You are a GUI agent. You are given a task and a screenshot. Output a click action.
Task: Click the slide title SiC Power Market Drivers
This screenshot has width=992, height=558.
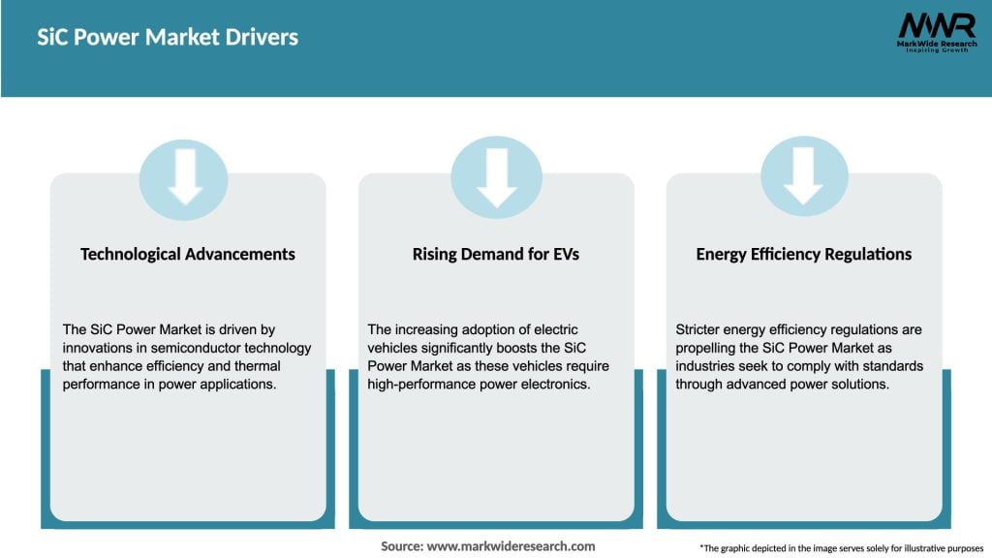click(168, 38)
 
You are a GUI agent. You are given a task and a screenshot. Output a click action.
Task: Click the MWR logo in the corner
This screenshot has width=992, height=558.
click(936, 26)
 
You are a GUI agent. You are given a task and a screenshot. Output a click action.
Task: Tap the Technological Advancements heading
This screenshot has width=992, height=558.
click(188, 254)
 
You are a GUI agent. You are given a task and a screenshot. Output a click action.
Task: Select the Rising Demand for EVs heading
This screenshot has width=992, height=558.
click(496, 254)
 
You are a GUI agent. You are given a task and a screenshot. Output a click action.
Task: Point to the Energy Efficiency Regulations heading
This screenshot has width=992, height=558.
click(804, 254)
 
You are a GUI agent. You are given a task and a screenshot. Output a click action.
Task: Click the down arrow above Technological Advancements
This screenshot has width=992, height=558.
click(184, 178)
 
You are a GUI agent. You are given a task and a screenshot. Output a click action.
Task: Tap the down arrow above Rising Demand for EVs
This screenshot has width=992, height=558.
click(496, 178)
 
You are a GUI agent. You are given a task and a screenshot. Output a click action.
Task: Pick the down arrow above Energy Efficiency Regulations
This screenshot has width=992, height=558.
click(804, 178)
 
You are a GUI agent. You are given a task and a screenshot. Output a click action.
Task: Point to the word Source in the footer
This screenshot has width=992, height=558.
click(401, 546)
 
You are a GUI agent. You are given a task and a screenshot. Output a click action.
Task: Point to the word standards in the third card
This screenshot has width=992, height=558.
click(893, 366)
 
